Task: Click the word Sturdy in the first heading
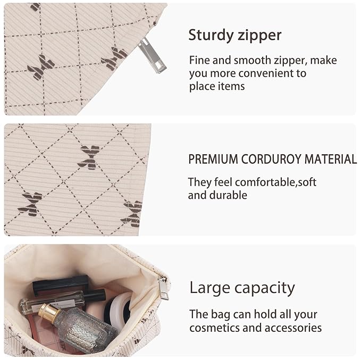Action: pos(211,36)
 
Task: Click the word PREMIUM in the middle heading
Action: pos(213,159)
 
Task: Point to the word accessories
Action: pos(293,328)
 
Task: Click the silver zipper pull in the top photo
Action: pos(152,55)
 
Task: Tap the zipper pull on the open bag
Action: pos(163,288)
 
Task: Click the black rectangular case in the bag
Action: pos(60,284)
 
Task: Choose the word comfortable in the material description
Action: pos(265,182)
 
